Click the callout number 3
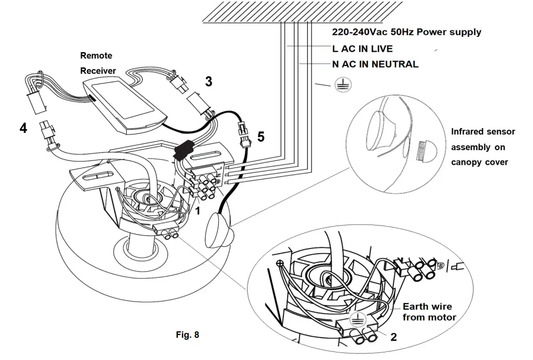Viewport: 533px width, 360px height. point(209,82)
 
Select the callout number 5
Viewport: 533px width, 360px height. point(261,137)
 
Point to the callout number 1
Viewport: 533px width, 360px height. point(198,211)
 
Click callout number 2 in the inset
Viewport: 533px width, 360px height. point(393,336)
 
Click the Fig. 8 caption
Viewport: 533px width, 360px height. point(187,335)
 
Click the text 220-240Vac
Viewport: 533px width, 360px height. point(359,32)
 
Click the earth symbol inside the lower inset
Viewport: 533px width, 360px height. point(355,319)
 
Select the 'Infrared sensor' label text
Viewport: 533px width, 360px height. point(483,132)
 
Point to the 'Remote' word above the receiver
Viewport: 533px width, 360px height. point(96,55)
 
